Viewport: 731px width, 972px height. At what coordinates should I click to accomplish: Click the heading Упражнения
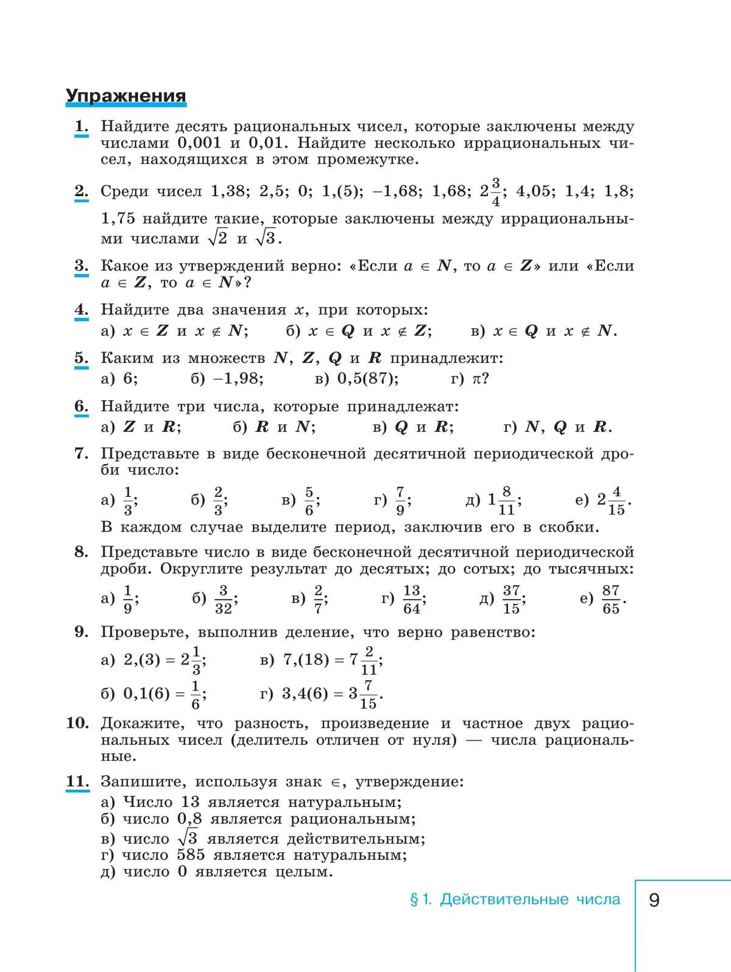[125, 96]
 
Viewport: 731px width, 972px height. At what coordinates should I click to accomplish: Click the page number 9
[654, 900]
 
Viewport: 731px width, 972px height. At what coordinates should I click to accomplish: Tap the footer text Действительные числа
[530, 900]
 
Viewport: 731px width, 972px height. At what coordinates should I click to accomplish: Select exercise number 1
[81, 127]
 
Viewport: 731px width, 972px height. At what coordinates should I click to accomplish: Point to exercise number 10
[77, 723]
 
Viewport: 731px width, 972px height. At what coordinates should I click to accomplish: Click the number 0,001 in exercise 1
[199, 143]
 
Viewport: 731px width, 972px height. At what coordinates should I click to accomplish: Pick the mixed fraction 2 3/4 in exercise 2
[491, 192]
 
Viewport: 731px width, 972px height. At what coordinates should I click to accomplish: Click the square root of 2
[217, 238]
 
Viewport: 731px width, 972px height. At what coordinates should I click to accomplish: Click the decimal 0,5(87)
[367, 379]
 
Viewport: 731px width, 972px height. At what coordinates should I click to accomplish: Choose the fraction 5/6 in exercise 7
[309, 501]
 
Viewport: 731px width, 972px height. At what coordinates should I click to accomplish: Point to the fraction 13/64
[412, 599]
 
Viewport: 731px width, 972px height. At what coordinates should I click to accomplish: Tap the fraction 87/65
[610, 599]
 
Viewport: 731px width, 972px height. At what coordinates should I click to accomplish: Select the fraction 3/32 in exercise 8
[223, 599]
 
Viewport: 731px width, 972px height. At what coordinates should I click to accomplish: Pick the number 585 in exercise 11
[191, 855]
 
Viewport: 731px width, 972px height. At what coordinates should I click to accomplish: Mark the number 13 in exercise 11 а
[190, 802]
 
